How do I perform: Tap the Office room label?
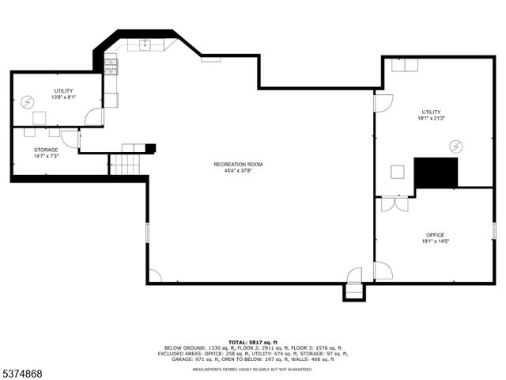[435, 234]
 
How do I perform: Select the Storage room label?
[46, 149]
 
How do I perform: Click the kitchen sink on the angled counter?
[145, 44]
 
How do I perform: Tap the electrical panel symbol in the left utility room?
[27, 101]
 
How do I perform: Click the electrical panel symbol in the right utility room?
[456, 146]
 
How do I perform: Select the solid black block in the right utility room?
[436, 173]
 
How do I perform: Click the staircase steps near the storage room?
[125, 165]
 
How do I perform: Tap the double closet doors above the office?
[392, 203]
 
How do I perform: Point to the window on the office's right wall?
[493, 230]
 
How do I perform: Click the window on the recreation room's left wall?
[147, 234]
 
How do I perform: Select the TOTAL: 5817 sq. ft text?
[253, 341]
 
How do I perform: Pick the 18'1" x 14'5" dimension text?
[435, 241]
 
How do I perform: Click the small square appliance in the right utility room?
[398, 171]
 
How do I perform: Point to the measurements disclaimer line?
[253, 369]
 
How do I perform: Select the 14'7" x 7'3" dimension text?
[46, 156]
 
